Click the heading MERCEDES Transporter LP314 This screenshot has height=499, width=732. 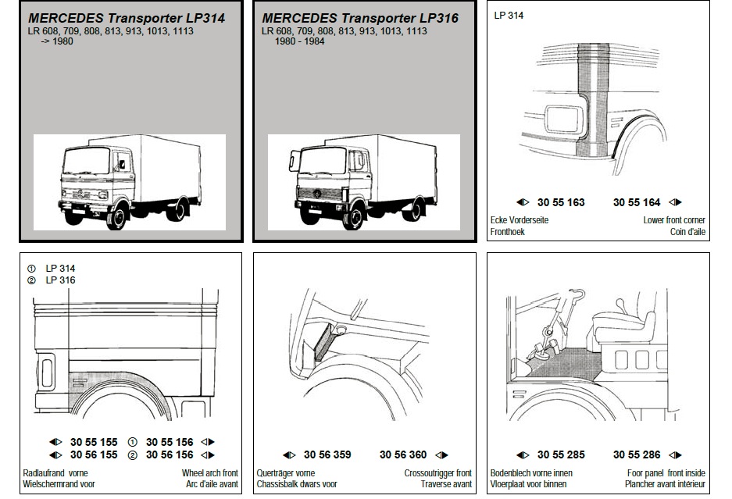click(x=127, y=18)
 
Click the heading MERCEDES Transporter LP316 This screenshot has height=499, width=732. click(x=360, y=18)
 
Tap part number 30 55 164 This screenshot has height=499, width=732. click(x=637, y=202)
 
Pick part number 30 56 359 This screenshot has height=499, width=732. click(x=327, y=454)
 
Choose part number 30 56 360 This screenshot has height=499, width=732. click(x=403, y=454)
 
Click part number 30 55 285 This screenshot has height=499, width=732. click(x=560, y=454)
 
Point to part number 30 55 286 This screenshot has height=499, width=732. click(x=637, y=454)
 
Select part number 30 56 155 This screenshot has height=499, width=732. click(x=94, y=454)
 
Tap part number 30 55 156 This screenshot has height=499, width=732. click(x=170, y=441)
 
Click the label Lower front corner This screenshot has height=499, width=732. click(x=674, y=220)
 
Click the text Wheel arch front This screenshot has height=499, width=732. click(x=210, y=473)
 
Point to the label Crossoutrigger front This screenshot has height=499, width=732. click(x=438, y=473)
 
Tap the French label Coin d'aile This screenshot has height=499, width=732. click(x=687, y=232)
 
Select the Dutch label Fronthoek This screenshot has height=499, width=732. click(x=507, y=232)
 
